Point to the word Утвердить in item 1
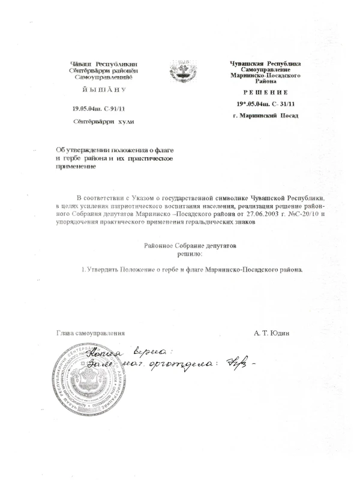(x=104, y=269)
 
